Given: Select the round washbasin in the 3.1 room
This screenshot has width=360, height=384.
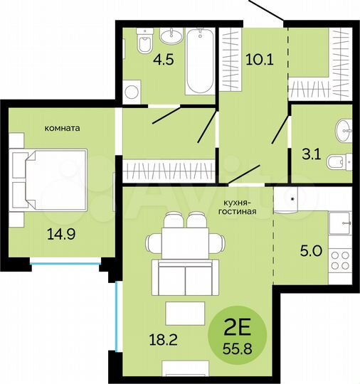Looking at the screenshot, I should tap(344, 129).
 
